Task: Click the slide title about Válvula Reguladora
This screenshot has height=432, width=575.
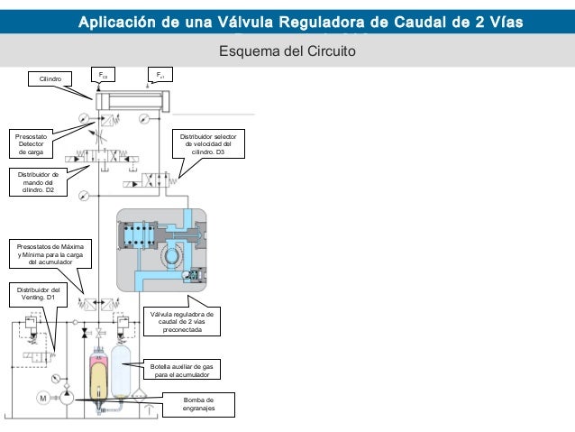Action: (x=301, y=22)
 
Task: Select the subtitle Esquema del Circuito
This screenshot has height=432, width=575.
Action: (x=287, y=51)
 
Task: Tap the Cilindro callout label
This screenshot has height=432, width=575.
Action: (x=50, y=78)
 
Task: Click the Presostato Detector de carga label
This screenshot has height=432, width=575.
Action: (x=31, y=144)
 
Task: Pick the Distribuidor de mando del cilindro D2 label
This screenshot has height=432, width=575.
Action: (x=38, y=182)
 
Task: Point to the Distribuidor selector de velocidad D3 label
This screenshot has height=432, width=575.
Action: (x=208, y=144)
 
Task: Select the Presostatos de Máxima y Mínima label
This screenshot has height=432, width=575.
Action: (x=50, y=254)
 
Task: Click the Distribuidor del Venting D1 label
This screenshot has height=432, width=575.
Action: (x=38, y=294)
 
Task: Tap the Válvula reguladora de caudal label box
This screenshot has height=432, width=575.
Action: (x=182, y=322)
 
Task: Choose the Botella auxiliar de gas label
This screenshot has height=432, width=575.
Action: (x=182, y=370)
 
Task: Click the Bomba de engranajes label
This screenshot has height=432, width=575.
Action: (x=198, y=404)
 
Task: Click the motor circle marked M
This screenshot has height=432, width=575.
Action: (x=43, y=399)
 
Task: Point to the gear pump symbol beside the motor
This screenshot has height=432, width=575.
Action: (x=67, y=398)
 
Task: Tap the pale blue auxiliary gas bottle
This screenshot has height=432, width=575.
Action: (x=121, y=371)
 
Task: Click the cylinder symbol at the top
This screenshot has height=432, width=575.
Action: (x=132, y=101)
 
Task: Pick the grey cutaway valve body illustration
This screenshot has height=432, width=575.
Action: (x=161, y=251)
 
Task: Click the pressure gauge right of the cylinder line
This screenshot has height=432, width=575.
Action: (x=144, y=118)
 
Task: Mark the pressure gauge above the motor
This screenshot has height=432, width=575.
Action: (x=56, y=379)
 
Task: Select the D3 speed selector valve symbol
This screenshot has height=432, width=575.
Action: (x=151, y=180)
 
